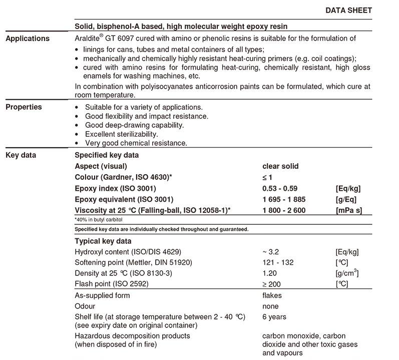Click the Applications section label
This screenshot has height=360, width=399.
(x=28, y=39)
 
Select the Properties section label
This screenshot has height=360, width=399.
(x=24, y=107)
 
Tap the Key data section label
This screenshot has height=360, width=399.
(x=21, y=155)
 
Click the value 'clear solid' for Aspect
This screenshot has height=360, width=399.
(x=280, y=166)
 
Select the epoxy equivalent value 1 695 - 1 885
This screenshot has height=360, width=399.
(x=284, y=199)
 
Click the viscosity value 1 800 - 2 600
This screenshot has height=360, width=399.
(x=284, y=210)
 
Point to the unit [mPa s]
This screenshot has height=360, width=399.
(x=349, y=210)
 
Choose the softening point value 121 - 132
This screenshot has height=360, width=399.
(x=278, y=262)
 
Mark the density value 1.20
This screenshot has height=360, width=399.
(x=270, y=273)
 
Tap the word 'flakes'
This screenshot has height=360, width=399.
(x=272, y=295)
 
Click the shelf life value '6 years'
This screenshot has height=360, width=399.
(x=274, y=317)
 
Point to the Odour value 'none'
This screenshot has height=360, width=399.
(x=271, y=306)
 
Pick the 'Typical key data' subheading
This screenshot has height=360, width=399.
(x=103, y=241)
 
